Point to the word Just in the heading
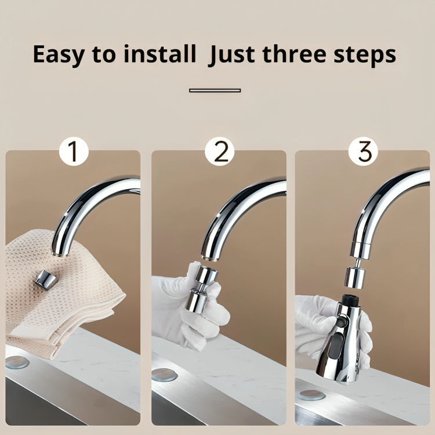[x=232, y=55]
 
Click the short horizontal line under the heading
[x=215, y=90]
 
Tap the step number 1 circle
[x=74, y=151]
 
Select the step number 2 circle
[x=219, y=151]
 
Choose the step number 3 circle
[x=363, y=151]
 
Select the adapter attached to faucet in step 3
[x=355, y=275]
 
